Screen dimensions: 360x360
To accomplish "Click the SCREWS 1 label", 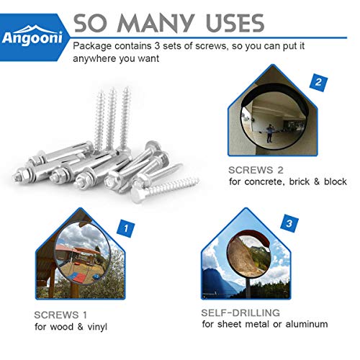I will [61, 315].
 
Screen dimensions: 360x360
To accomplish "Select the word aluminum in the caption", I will [304, 325].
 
